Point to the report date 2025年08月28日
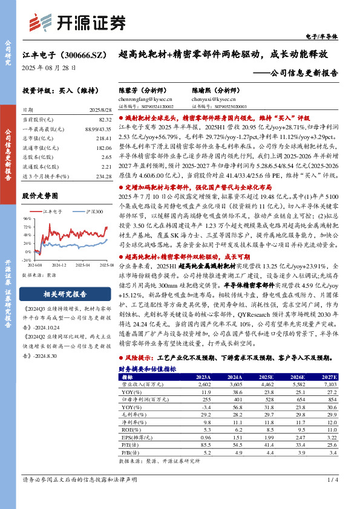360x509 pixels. coord(49,68)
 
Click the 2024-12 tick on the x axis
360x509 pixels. coord(59,265)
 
